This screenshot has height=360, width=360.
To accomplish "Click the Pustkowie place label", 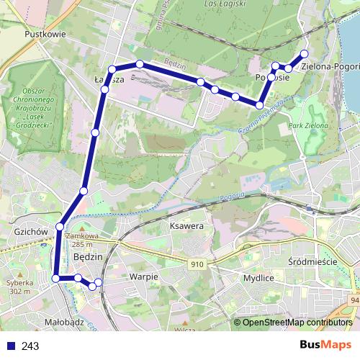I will click(45, 33).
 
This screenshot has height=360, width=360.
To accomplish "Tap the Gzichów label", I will click(30, 232).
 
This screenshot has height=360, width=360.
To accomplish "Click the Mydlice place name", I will click(258, 277).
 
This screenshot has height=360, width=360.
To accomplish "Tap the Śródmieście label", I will click(312, 261).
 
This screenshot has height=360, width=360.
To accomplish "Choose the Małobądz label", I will click(64, 323).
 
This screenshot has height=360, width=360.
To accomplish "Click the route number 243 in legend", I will click(30, 346).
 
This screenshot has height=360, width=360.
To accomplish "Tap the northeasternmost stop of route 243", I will click(305, 54).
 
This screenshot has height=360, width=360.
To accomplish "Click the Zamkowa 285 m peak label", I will click(80, 239).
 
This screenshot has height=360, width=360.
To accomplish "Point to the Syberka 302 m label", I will click(19, 287).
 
